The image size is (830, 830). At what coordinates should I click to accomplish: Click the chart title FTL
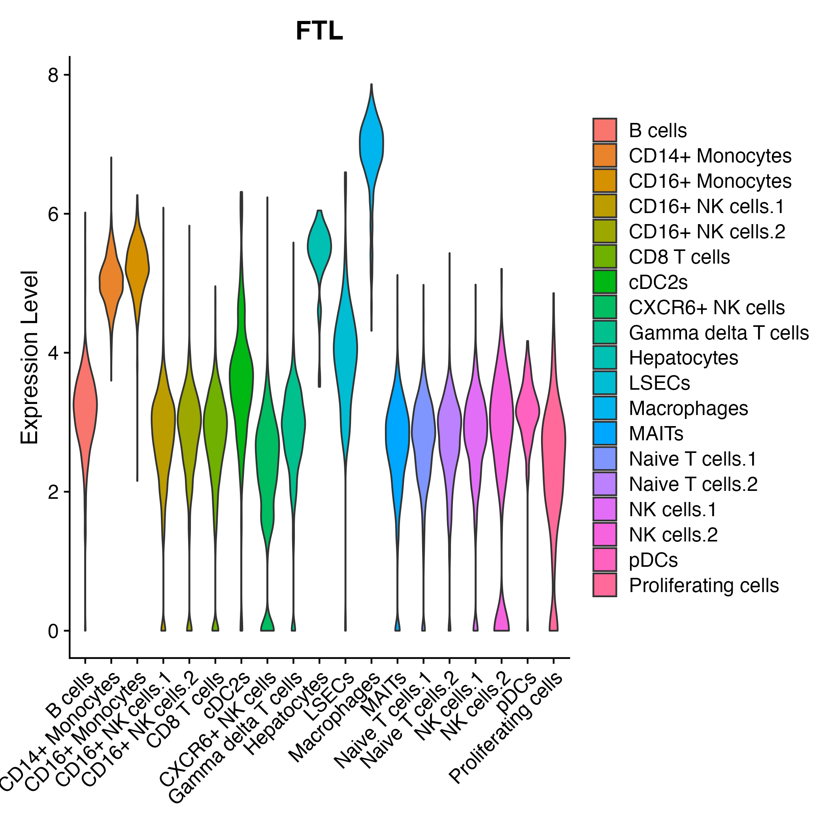(x=319, y=31)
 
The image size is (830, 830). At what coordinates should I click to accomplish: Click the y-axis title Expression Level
(x=30, y=357)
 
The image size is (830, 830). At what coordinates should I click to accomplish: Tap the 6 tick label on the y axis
(x=53, y=214)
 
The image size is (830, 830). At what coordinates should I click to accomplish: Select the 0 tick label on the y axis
(x=53, y=631)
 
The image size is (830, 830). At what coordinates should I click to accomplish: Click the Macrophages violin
(x=371, y=146)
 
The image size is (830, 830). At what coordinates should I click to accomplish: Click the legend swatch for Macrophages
(x=604, y=408)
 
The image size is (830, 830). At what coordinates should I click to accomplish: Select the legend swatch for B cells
(x=604, y=130)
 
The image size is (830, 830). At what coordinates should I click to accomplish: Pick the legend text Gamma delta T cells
(x=719, y=332)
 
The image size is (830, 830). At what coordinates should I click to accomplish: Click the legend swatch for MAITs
(x=604, y=433)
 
